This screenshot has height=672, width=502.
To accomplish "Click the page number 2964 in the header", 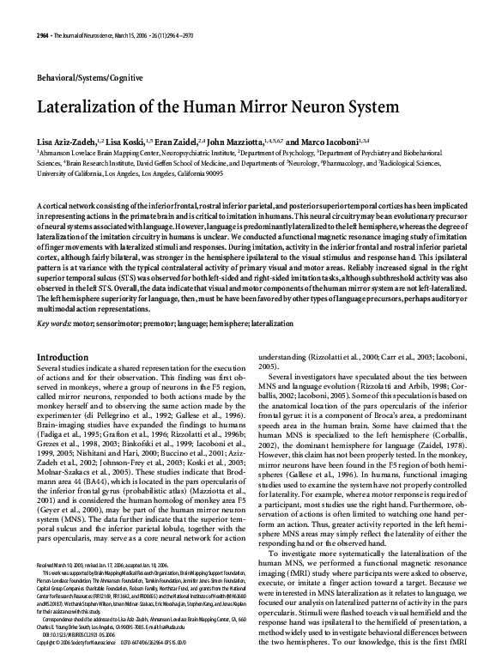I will click(x=44, y=33).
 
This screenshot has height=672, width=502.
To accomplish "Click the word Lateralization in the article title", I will click(x=92, y=109).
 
